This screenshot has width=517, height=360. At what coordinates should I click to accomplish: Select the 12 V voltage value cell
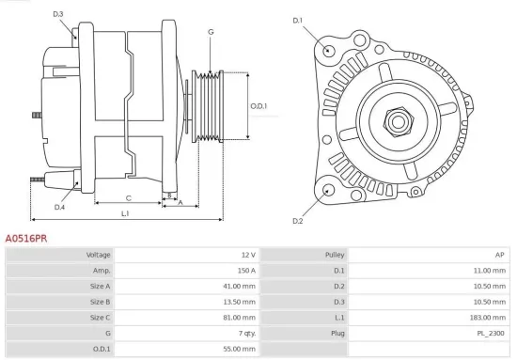[247, 255]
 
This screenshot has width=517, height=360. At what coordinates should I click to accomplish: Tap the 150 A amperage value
[245, 270]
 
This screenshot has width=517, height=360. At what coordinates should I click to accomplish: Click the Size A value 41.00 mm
[238, 286]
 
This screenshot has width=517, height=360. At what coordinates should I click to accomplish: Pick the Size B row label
[100, 302]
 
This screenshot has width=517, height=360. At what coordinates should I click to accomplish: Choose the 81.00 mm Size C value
[238, 318]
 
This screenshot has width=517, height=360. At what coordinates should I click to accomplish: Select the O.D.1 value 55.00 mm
[238, 349]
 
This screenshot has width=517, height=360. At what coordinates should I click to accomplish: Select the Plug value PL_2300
[491, 333]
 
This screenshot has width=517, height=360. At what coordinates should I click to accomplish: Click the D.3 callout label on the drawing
[58, 14]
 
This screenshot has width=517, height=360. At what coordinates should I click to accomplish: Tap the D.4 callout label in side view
[59, 207]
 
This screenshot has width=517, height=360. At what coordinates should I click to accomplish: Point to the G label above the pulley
[211, 32]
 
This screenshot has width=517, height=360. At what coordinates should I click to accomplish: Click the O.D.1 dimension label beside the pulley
[258, 106]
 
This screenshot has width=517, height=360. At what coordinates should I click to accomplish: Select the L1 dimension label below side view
[125, 214]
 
